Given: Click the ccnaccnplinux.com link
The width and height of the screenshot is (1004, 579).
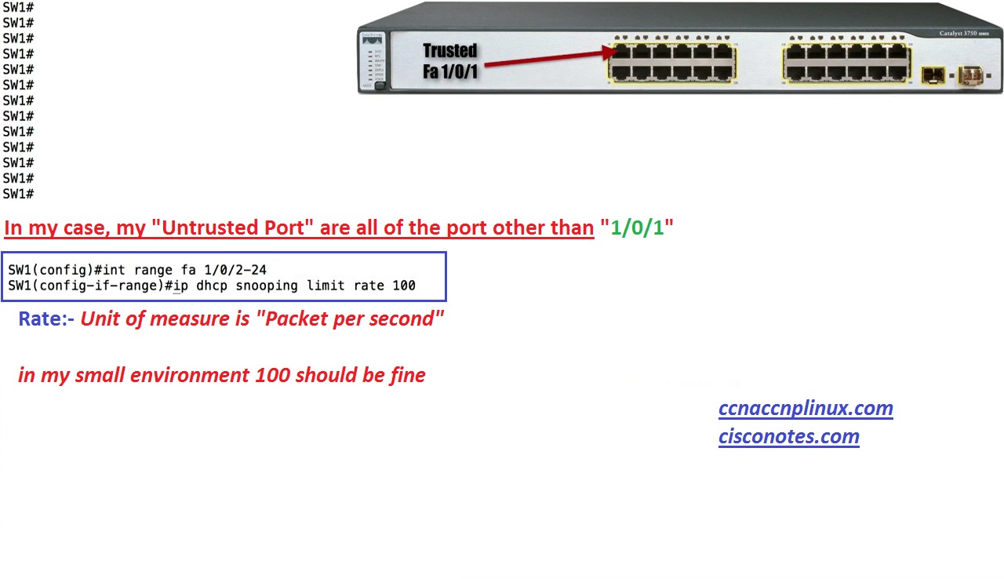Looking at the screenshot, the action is coord(806,408).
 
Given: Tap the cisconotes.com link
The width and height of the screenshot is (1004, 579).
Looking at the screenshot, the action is coord(788,436).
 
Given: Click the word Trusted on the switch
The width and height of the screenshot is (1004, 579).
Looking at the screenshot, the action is coord(449,51).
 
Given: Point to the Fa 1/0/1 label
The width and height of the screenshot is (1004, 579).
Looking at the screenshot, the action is coord(450,71).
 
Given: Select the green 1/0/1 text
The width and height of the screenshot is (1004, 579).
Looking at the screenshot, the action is coord(637,228).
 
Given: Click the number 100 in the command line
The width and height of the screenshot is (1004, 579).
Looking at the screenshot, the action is coord(403,286).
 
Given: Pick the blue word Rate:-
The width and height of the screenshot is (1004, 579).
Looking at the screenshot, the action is coord(46,319).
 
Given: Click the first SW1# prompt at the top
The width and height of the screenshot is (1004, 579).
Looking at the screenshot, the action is coord(18,7).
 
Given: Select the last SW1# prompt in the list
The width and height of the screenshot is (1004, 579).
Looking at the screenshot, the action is coord(18,194).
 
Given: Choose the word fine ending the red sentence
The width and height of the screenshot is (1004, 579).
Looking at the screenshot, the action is coord(408,375).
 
